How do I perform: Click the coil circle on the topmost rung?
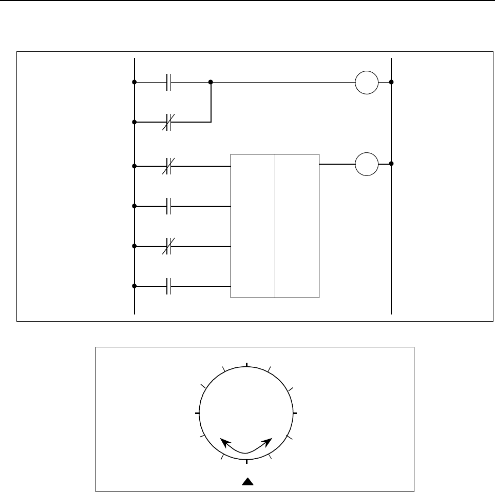click(367, 82)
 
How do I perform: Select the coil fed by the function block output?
click(367, 164)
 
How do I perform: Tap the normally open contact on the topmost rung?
click(168, 82)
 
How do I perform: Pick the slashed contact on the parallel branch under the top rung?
click(168, 123)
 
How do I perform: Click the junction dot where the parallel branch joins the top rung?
click(211, 82)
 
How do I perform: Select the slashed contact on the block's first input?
click(168, 166)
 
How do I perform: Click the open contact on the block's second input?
click(168, 206)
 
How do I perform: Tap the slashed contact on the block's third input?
click(168, 246)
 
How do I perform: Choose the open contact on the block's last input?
click(168, 286)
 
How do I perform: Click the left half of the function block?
click(253, 226)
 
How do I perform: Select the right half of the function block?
click(297, 226)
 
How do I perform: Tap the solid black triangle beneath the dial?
click(247, 481)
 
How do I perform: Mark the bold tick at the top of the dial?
click(247, 365)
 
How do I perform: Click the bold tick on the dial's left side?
click(198, 412)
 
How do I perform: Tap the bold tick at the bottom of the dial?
click(247, 461)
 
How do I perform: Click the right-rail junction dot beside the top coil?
click(391, 82)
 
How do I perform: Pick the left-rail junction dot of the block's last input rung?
click(134, 286)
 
